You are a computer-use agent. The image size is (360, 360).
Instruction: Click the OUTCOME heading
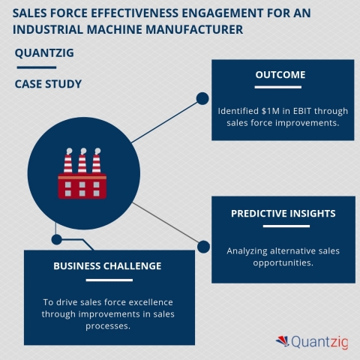coord(280,75)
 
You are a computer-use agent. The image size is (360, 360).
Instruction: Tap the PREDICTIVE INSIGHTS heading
coord(283,214)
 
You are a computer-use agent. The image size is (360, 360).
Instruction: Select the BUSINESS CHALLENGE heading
coord(107,266)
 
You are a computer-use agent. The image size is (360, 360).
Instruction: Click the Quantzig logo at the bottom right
coord(312,342)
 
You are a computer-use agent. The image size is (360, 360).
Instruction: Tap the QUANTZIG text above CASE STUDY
coord(44,53)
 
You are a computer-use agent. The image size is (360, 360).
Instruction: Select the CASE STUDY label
coord(48,84)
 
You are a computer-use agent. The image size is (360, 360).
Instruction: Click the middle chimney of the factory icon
coord(82,160)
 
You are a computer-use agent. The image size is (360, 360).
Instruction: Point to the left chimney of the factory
coord(68,160)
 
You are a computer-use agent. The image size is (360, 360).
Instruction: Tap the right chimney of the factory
coord(97,160)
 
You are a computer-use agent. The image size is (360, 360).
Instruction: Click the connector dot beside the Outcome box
coord(202,98)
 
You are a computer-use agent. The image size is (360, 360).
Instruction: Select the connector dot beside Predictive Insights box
coord(203,247)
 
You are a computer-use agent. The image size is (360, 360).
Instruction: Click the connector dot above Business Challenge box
coord(57,240)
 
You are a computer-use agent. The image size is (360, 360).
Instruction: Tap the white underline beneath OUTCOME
coord(278,87)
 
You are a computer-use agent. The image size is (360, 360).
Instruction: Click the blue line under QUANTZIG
coord(37,67)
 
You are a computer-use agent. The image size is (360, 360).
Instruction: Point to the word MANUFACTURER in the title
coord(194,29)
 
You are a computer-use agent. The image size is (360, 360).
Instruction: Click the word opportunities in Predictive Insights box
coord(283,263)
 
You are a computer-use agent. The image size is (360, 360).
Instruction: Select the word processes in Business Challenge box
coord(108,326)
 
